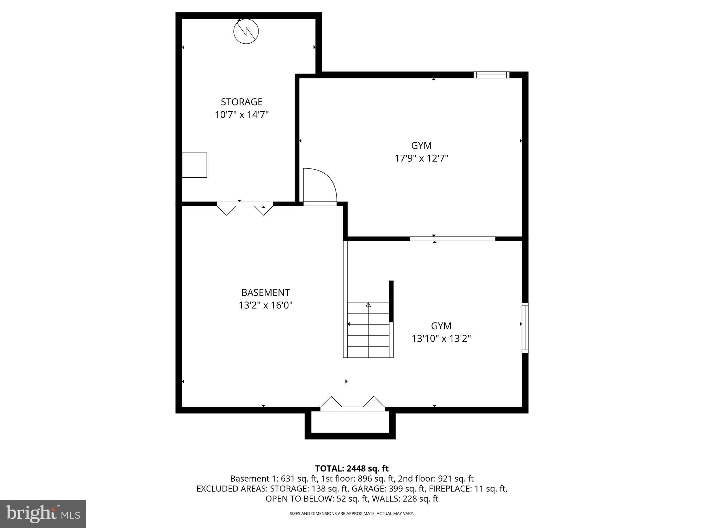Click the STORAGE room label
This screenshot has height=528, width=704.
(x=242, y=102)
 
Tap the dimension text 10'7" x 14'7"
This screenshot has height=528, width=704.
(x=242, y=114)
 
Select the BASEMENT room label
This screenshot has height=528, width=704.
(x=265, y=293)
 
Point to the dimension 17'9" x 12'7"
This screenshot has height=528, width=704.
(x=421, y=158)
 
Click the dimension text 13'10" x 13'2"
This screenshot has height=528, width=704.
(x=441, y=339)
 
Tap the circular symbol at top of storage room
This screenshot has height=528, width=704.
(x=246, y=31)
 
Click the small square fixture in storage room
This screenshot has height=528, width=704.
(x=194, y=165)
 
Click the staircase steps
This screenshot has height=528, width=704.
(x=368, y=330)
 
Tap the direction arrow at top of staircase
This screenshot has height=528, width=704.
(x=368, y=305)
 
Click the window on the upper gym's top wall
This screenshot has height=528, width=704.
(x=491, y=75)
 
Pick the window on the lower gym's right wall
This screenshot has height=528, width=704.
(x=525, y=328)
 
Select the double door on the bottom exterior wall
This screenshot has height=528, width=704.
(x=352, y=406)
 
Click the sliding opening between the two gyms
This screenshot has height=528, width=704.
(x=452, y=239)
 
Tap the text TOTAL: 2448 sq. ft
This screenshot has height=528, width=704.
(x=352, y=468)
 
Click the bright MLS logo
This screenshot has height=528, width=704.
(x=43, y=514)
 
